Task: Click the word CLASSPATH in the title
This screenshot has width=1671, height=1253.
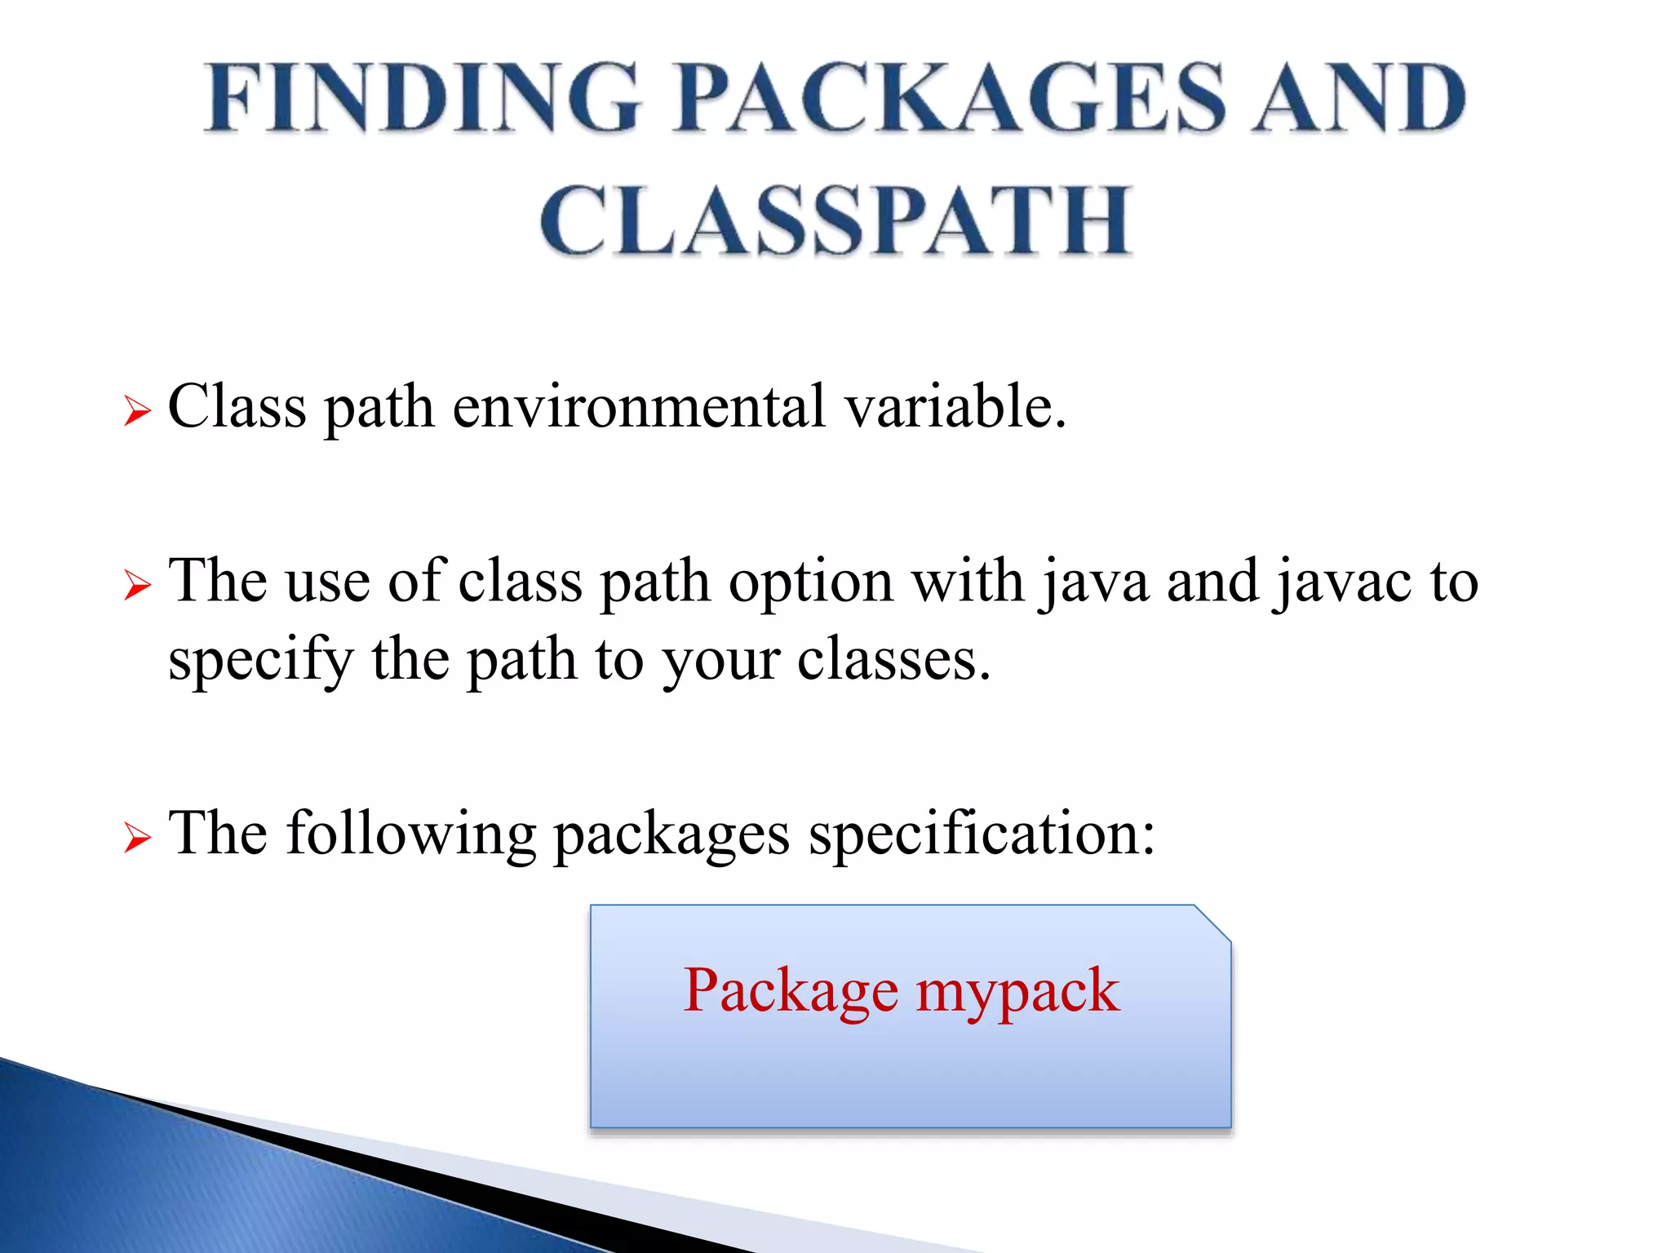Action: (835, 220)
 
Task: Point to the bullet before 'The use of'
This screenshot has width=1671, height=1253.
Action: (137, 585)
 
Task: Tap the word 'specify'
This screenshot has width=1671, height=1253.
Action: (260, 661)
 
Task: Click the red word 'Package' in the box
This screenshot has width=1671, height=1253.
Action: (790, 992)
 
